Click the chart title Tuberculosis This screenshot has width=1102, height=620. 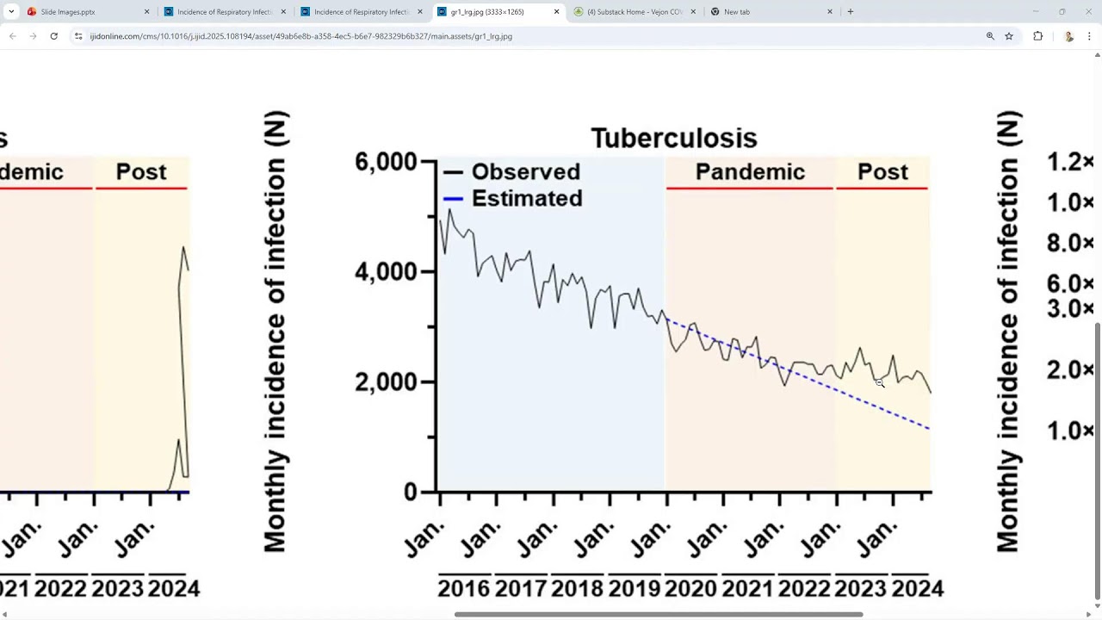coord(673,138)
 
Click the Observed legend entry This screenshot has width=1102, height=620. coord(525,171)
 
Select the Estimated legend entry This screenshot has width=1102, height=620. coord(526,198)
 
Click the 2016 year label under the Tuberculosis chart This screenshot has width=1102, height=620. coord(463,589)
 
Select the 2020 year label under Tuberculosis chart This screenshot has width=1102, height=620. coord(690,589)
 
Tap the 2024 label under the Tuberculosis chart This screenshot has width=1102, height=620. coord(917,589)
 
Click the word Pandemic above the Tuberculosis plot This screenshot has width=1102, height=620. coord(750,171)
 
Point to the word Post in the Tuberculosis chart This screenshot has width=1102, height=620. coord(882,171)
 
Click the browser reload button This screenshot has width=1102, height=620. coord(53,36)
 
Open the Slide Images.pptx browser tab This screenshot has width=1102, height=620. coord(68,12)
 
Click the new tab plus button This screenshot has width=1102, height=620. coord(851,12)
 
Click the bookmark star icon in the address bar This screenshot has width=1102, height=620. coord(1009,36)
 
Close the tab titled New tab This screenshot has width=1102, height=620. coord(830,12)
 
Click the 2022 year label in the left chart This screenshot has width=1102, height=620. coord(60,589)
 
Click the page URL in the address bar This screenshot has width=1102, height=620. coord(301,36)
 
